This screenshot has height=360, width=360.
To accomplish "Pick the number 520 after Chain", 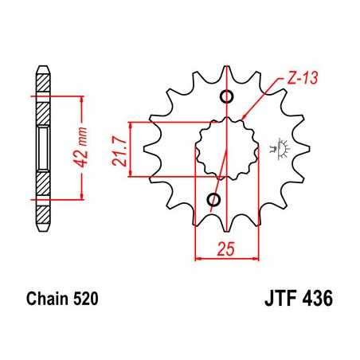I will pyautogui.click(x=86, y=301).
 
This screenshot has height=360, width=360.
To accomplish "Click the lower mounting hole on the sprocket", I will pyautogui.click(x=213, y=198).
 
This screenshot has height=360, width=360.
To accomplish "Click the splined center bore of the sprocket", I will pyautogui.click(x=227, y=147).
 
